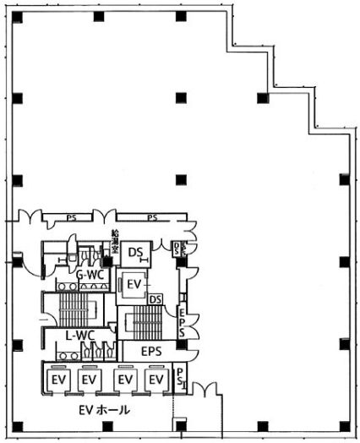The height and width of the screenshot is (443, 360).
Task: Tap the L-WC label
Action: tap(79, 336)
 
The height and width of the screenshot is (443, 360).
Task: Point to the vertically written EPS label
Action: tap(182, 322)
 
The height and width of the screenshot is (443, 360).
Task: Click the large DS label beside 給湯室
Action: tap(135, 252)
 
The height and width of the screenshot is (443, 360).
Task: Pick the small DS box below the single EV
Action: tap(155, 298)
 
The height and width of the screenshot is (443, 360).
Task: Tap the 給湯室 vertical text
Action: tap(115, 245)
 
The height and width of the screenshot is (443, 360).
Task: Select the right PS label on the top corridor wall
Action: tap(153, 218)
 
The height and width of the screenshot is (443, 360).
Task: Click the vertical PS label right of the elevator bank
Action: tap(181, 378)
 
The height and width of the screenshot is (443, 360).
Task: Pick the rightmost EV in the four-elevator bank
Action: tap(155, 381)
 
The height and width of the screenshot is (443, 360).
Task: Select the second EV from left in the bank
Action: tap(89, 381)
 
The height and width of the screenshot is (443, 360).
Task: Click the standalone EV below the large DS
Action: tap(133, 286)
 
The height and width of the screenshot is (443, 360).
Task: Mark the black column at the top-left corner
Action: tap(17, 16)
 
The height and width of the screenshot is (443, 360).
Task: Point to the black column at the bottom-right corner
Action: tap(343, 424)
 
